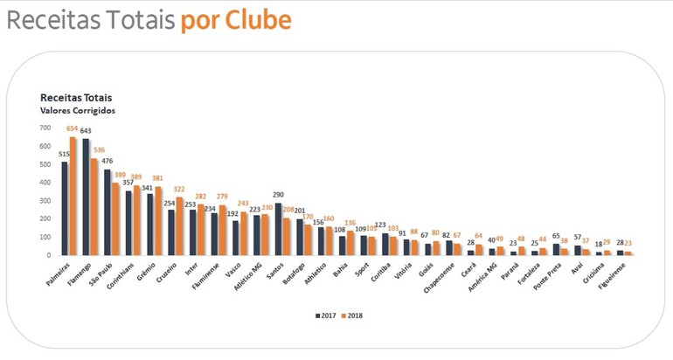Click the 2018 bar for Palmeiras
click(x=73, y=196)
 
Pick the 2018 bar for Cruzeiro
click(x=180, y=226)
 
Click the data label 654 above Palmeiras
click(x=73, y=129)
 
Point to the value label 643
click(x=86, y=131)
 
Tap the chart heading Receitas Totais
click(x=76, y=98)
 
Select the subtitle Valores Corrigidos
click(x=78, y=111)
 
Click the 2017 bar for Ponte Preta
click(x=556, y=249)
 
